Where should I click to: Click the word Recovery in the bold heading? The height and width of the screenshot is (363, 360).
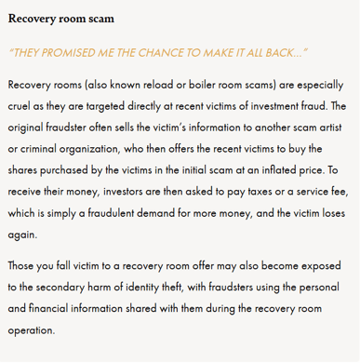pos(32,18)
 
